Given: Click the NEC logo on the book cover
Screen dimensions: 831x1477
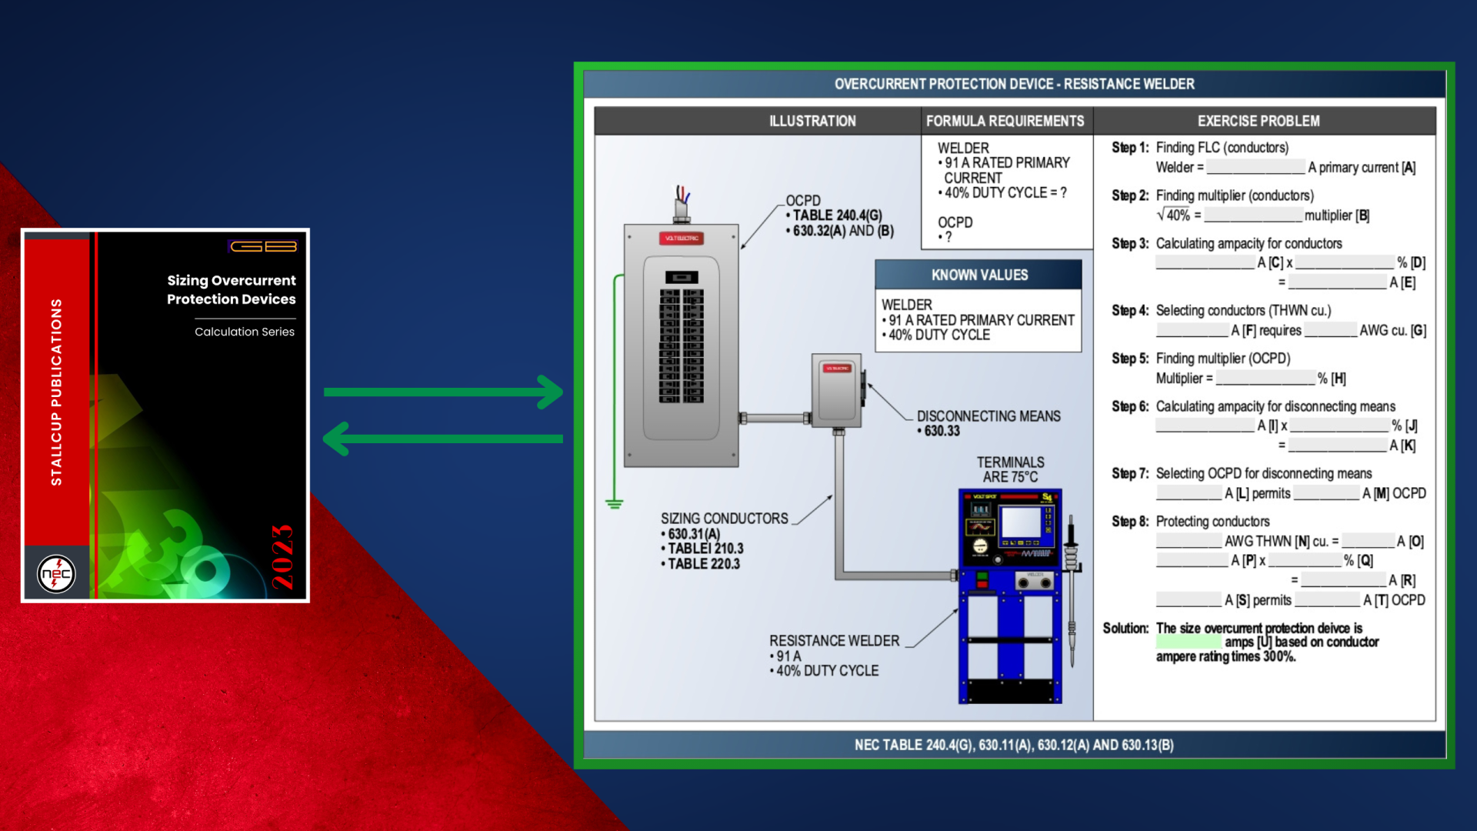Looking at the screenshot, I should pyautogui.click(x=56, y=574).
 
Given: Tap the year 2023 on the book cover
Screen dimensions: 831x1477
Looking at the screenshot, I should pyautogui.click(x=282, y=557).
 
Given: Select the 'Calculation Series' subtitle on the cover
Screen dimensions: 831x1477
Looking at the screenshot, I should pyautogui.click(x=245, y=332).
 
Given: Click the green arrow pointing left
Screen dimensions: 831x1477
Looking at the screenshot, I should pyautogui.click(x=443, y=439).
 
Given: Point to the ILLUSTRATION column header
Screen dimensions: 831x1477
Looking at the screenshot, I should pyautogui.click(x=812, y=121).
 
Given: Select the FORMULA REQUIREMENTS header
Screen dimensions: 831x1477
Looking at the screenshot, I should pyautogui.click(x=1005, y=121).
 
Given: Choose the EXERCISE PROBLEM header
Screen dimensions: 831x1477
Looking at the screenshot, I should pyautogui.click(x=1259, y=121).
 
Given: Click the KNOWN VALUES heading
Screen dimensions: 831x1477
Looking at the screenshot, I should pyautogui.click(x=979, y=275).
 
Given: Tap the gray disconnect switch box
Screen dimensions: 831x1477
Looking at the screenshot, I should pyautogui.click(x=837, y=391).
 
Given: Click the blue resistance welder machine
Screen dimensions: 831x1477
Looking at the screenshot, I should pyautogui.click(x=1010, y=596).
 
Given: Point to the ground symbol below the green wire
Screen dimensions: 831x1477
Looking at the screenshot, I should pyautogui.click(x=614, y=504).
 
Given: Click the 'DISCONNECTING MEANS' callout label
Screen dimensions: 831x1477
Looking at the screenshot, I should pyautogui.click(x=989, y=416).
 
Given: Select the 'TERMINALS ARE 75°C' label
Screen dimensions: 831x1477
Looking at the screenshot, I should pyautogui.click(x=1010, y=469).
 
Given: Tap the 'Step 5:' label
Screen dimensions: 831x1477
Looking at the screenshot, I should pyautogui.click(x=1129, y=359).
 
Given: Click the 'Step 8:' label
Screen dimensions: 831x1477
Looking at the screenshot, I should pyautogui.click(x=1129, y=522).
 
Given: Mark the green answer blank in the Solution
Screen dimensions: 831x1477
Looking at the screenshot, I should pyautogui.click(x=1189, y=642).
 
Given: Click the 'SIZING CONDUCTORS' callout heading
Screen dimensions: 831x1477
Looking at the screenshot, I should pyautogui.click(x=724, y=519).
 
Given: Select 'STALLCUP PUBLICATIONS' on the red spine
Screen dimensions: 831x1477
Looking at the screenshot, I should pyautogui.click(x=56, y=392).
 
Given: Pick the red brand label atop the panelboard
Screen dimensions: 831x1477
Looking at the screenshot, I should pyautogui.click(x=682, y=239).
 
